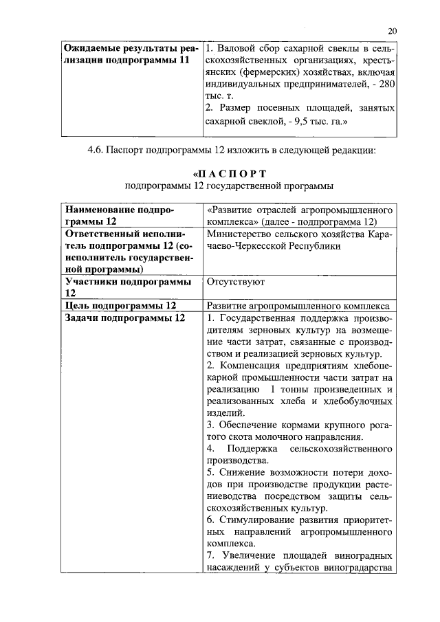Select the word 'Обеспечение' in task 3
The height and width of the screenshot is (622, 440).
(248, 424)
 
